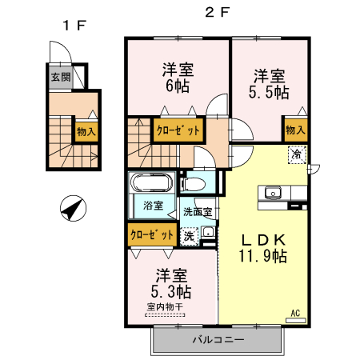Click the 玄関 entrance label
[61, 78]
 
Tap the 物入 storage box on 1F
[84, 130]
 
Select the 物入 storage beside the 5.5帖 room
[295, 130]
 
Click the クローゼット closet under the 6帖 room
[178, 130]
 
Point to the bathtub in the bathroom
[150, 182]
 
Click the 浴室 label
[153, 206]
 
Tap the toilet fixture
[194, 184]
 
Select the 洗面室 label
[197, 213]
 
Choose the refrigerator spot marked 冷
[297, 154]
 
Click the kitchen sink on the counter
[273, 193]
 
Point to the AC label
[295, 313]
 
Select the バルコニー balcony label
[217, 340]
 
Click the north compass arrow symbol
[73, 210]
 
